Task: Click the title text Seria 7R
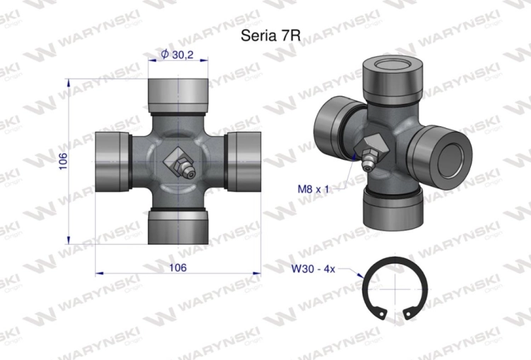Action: pos(270,35)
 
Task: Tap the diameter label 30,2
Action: pos(183,55)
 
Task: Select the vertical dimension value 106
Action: pos(63,162)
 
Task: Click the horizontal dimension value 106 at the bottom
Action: pos(178,268)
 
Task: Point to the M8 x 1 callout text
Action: pos(313,189)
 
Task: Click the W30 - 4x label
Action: pos(313,269)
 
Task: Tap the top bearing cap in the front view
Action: pos(178,96)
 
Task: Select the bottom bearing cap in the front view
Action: pos(178,227)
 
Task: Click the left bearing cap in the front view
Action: pos(113,162)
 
